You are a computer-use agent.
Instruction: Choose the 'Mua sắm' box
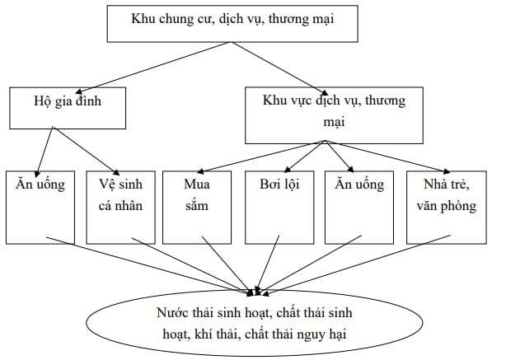tap(194, 206)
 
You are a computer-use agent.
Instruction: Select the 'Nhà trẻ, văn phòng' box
tap(447, 206)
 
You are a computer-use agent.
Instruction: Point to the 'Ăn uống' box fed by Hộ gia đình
tap(40, 206)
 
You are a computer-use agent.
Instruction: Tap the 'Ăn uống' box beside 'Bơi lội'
tap(359, 206)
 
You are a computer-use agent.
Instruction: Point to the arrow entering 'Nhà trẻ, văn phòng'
tap(387, 155)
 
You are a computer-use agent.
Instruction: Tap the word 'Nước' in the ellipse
tap(171, 314)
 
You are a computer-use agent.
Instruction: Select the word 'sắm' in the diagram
tap(195, 206)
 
